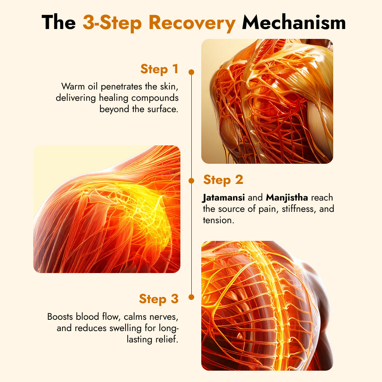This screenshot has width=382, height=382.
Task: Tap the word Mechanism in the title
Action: coord(294,23)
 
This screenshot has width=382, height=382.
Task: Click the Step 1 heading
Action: coord(159,69)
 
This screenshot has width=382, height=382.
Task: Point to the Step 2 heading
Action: coord(223,180)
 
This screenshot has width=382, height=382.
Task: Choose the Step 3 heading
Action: coord(158,299)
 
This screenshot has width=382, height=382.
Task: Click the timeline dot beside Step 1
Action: coord(191,72)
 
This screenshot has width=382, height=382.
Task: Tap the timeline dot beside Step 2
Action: coord(191,181)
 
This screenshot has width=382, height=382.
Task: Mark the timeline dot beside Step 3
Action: coord(191,297)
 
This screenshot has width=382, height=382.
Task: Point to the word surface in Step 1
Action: coord(162,109)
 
